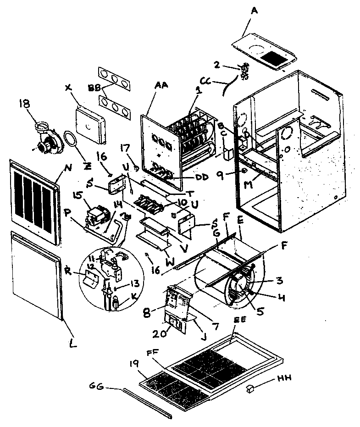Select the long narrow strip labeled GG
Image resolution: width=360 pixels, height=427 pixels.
click(x=147, y=403)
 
